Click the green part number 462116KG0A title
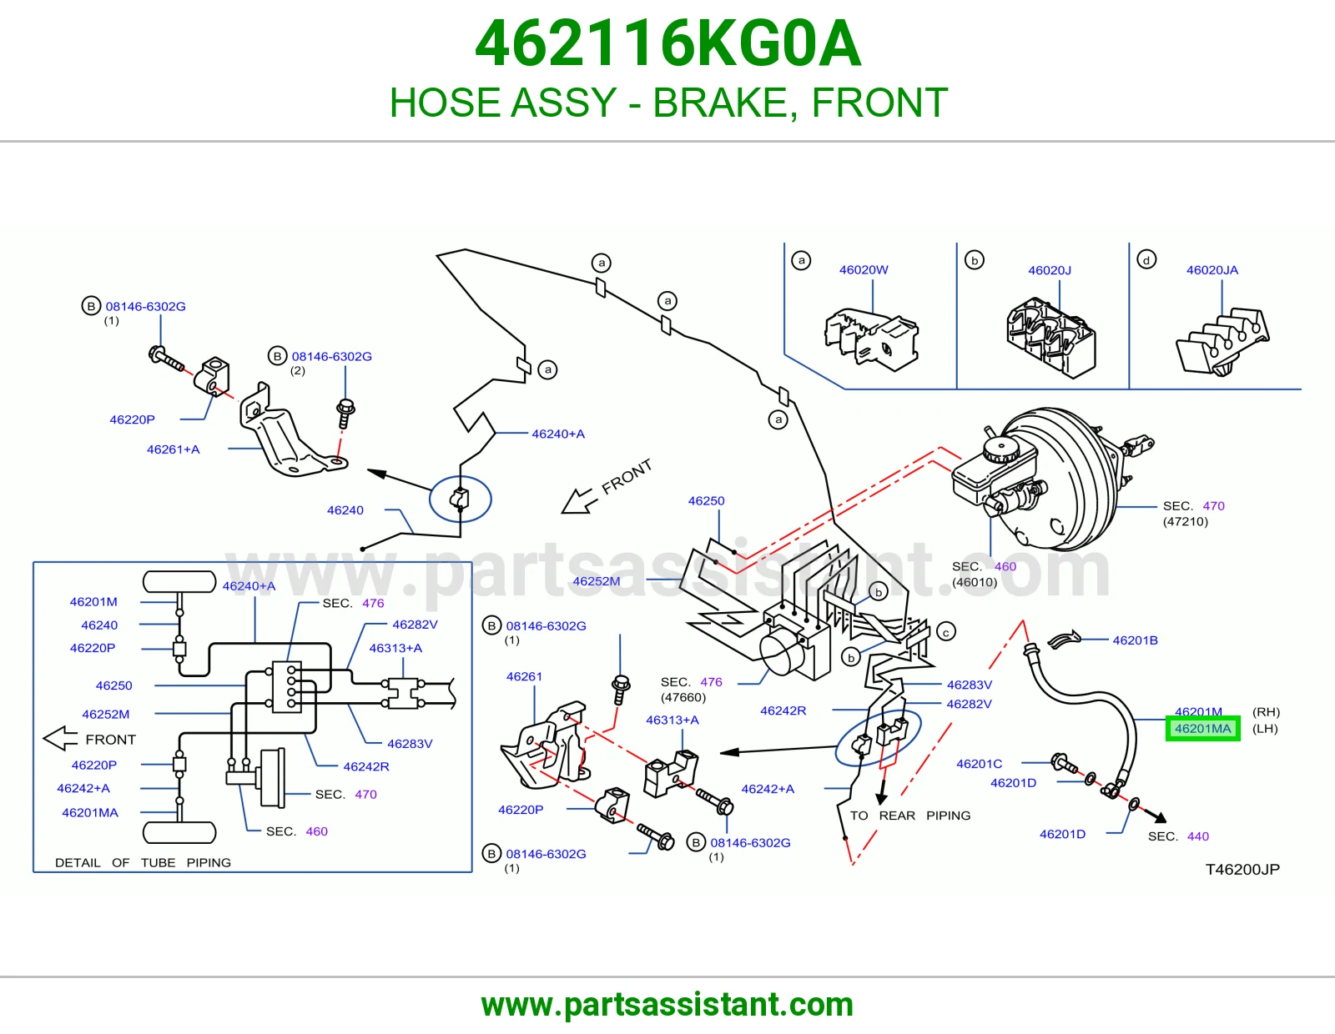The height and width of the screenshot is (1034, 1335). tap(667, 44)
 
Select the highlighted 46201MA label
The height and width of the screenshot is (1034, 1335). tap(1203, 728)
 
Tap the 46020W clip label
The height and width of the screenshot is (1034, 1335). tap(864, 269)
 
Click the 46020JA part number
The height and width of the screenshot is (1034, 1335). tap(1212, 270)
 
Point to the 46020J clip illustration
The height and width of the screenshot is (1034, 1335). tap(1050, 337)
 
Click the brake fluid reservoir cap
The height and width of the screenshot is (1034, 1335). tap(1000, 450)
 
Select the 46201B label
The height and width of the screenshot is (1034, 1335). tap(1135, 640)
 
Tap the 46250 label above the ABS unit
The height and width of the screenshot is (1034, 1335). tap(706, 501)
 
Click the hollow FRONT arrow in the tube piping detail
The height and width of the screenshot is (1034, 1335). tap(60, 739)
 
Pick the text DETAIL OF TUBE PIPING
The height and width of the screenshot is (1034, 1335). tap(144, 863)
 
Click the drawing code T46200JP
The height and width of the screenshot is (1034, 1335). tap(1242, 870)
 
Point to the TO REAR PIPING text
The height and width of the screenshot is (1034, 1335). tap(909, 816)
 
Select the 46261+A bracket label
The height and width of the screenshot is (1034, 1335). tap(174, 449)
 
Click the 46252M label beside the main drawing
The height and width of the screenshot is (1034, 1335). tap(596, 581)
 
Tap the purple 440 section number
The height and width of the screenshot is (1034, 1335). tap(1197, 836)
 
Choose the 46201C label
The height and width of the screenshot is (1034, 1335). tap(979, 764)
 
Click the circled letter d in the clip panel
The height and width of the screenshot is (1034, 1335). tap(1146, 259)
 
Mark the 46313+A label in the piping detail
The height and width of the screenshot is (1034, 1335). tap(395, 648)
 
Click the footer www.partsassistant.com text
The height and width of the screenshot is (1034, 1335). tap(667, 1005)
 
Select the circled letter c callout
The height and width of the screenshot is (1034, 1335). tap(946, 632)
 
